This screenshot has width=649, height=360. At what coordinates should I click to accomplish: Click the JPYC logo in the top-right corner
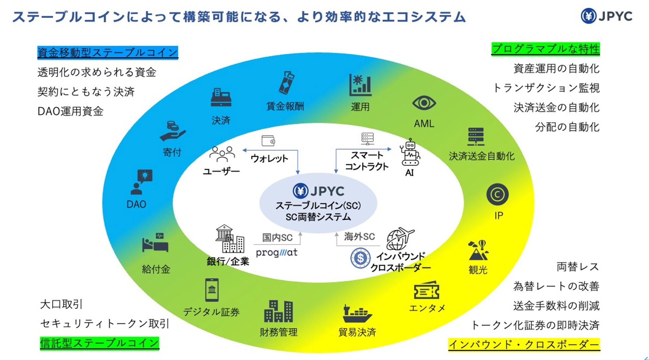(606, 16)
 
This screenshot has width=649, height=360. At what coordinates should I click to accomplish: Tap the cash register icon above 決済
(221, 97)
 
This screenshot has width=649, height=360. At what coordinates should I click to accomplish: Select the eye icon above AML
(424, 103)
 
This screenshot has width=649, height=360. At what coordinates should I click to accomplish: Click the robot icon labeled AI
(410, 153)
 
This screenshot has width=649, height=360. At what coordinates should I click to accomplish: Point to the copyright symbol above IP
(497, 194)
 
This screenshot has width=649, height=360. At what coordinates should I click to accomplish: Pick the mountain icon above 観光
(478, 250)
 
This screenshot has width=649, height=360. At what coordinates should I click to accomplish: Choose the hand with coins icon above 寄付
(172, 131)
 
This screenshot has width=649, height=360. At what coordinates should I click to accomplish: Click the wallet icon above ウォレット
(268, 141)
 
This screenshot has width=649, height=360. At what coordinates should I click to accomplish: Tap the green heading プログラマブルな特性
(545, 49)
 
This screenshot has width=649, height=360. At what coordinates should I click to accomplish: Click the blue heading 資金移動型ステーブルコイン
(108, 53)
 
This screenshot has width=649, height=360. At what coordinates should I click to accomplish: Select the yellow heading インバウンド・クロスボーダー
(524, 344)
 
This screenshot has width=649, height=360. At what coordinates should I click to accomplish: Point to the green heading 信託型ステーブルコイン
(99, 343)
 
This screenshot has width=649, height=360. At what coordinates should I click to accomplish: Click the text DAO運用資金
(71, 111)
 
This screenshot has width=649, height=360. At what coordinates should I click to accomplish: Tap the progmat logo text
(277, 252)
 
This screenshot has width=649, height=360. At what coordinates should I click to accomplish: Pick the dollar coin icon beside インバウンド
(360, 258)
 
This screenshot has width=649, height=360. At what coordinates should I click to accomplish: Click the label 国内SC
(277, 237)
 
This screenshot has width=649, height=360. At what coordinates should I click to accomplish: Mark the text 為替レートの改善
(556, 286)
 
